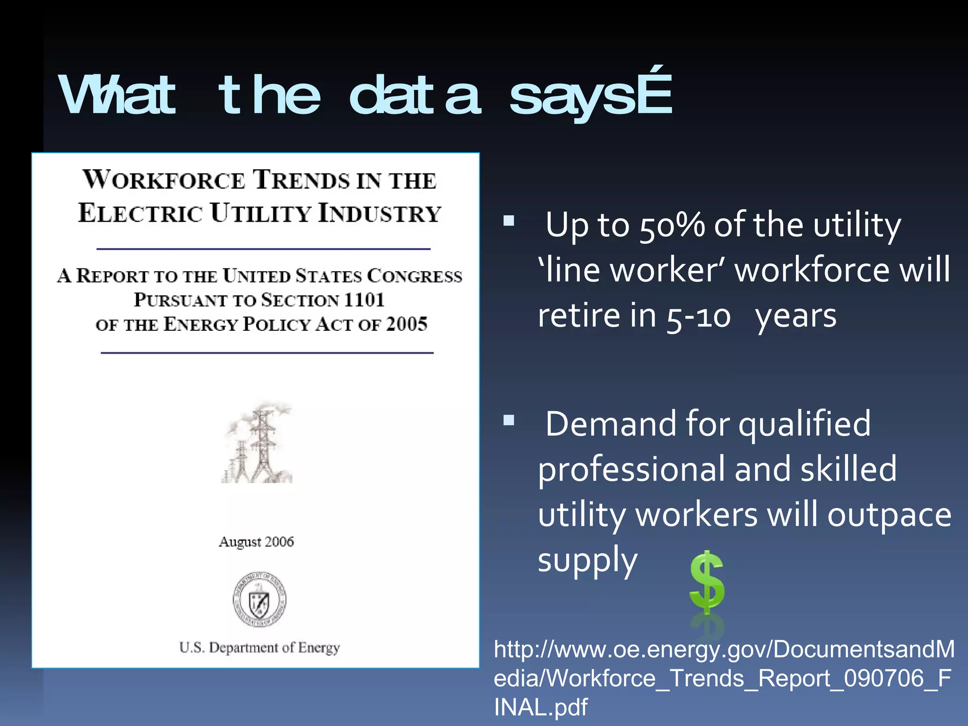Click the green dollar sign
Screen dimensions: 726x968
point(707,582)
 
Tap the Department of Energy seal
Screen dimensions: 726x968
point(259,599)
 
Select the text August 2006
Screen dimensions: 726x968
point(256,542)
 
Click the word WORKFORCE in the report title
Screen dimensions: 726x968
point(164,180)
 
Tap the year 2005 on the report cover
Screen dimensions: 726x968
point(406,324)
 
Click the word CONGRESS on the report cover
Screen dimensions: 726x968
point(415,276)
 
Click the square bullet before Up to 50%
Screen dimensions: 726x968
point(509,221)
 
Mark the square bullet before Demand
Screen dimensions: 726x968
point(509,420)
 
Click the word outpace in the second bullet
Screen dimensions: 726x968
point(889,514)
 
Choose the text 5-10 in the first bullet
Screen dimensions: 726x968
point(699,316)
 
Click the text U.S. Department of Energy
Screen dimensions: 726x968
point(259,647)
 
